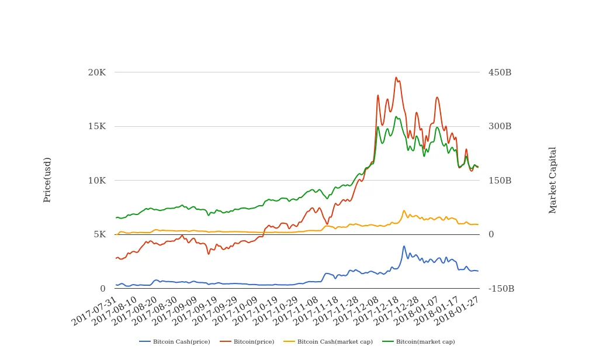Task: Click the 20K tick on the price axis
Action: (x=96, y=72)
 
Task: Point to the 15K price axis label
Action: (x=96, y=126)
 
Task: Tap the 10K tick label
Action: (x=96, y=180)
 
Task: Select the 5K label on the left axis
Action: (x=99, y=234)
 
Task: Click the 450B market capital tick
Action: (x=500, y=72)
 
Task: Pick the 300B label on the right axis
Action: (x=500, y=126)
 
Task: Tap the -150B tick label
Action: (x=501, y=289)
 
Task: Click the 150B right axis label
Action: (x=500, y=180)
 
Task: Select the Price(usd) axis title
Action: (x=47, y=180)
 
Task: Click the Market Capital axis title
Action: (x=553, y=180)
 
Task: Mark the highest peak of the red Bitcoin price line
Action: (x=396, y=77)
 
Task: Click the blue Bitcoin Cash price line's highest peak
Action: (x=404, y=246)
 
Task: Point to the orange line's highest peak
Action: (x=404, y=211)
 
